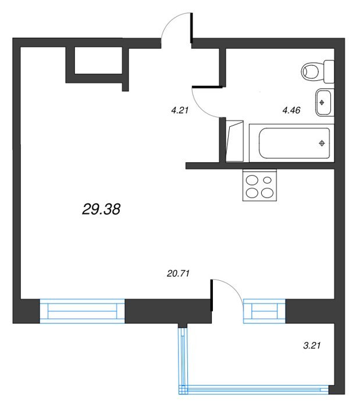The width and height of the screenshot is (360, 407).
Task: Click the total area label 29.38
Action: [x=101, y=209]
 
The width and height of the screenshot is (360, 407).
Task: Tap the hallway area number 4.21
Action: [x=179, y=110]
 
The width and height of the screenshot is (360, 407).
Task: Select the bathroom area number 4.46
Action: [x=291, y=110]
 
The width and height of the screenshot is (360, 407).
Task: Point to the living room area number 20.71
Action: [x=179, y=273]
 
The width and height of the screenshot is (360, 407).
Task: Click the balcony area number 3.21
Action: [x=312, y=345]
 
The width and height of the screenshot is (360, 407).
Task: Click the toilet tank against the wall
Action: [x=329, y=72]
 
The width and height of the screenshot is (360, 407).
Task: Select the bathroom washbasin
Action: [x=325, y=102]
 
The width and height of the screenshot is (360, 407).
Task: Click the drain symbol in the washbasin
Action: [x=322, y=102]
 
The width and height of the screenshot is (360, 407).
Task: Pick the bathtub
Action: [x=291, y=143]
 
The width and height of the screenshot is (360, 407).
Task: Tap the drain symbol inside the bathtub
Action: [x=322, y=143]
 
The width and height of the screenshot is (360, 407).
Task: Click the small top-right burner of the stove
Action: [x=267, y=180]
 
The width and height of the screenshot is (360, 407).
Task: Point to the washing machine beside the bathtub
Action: [x=234, y=141]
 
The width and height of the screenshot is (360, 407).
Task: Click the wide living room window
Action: [x=82, y=311]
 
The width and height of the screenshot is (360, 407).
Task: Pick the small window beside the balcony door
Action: [x=264, y=311]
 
